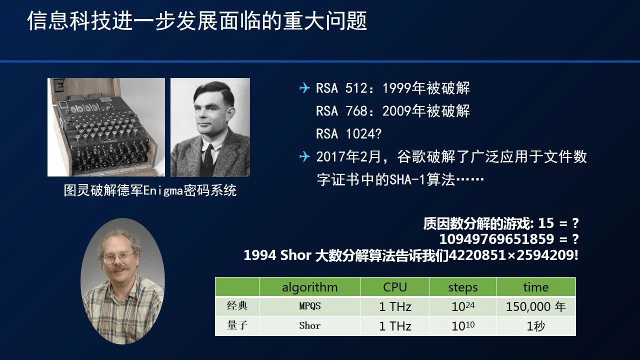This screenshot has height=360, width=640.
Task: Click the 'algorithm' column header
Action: click(x=309, y=287)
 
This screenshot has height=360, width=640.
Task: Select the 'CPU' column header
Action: click(x=395, y=287)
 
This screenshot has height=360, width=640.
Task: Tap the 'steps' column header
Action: click(x=463, y=287)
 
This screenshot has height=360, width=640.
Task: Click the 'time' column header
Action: click(x=535, y=287)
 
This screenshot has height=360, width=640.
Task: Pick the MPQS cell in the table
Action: click(x=309, y=306)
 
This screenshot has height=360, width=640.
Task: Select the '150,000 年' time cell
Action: click(x=535, y=306)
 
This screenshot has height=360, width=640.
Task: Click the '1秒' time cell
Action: click(x=535, y=326)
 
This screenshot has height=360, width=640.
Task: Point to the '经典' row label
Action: click(x=237, y=306)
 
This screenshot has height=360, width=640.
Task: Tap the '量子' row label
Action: click(x=237, y=325)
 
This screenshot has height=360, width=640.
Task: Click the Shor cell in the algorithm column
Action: click(x=309, y=325)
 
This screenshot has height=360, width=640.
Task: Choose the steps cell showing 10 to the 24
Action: click(x=463, y=306)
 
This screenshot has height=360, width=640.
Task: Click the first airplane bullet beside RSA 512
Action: click(x=304, y=87)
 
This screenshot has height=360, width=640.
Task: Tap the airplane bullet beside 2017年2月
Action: click(x=304, y=156)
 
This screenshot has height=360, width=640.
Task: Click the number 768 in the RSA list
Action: click(x=356, y=111)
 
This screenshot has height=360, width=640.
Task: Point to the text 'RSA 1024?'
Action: click(x=348, y=133)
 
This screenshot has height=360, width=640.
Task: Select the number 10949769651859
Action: click(x=496, y=239)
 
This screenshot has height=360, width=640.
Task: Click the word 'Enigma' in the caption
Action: click(x=163, y=190)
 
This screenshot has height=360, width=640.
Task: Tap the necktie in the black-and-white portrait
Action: click(x=207, y=160)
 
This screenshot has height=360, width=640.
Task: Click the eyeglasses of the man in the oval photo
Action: click(x=118, y=258)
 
